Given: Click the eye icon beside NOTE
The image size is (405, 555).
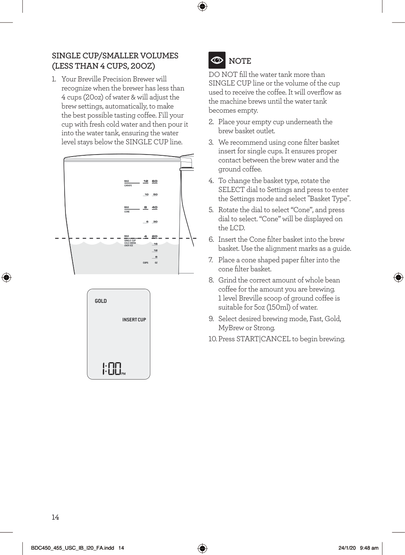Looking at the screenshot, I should pos(217,60).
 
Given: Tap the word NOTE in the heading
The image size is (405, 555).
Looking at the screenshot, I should pos(240,61).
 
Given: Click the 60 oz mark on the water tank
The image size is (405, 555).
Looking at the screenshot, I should pos(154,181).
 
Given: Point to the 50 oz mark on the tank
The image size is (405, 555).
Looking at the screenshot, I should pos(155,194).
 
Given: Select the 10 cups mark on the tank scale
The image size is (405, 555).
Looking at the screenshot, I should pos(146,194).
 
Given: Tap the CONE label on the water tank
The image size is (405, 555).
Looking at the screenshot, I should pos(127,212).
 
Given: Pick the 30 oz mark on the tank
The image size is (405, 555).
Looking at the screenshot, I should pos(155,222).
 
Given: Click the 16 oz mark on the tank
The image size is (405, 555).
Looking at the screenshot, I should pos(156,244).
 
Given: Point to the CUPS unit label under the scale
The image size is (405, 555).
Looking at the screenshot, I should pos(145,263).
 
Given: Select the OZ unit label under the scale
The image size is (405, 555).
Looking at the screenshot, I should pos(156,263).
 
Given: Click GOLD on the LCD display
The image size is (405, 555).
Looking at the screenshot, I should pos(101,301).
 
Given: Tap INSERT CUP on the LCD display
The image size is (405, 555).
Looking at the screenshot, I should pos(134,320).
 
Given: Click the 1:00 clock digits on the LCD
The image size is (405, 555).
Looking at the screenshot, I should pos(111,368).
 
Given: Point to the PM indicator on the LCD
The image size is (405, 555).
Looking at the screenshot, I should pos(123,374).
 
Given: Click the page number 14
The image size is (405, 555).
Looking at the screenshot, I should pos(55,517).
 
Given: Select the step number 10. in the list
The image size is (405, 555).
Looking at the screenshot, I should pos(212,339).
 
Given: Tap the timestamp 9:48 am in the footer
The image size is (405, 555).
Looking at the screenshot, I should pos(369,548).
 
